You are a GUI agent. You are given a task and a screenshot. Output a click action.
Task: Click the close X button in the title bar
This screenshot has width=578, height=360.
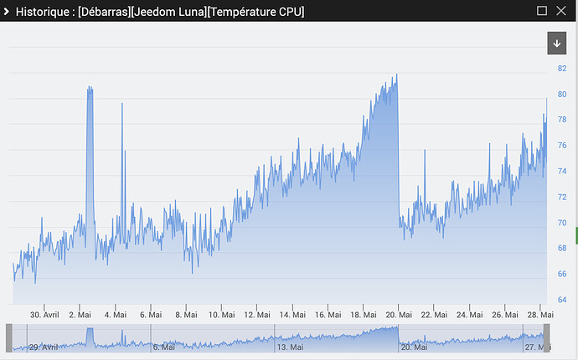click(x=561, y=11)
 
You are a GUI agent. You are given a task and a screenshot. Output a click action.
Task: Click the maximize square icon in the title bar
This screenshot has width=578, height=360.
click(x=542, y=11)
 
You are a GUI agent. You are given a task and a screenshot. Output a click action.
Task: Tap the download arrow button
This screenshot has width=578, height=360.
click(x=556, y=43)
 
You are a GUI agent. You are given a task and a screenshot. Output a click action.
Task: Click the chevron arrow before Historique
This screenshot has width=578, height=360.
click(x=6, y=12)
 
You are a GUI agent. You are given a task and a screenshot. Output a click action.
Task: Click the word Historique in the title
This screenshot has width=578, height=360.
click(x=43, y=12)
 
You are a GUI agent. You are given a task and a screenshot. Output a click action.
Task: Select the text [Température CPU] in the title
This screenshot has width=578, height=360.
click(x=255, y=12)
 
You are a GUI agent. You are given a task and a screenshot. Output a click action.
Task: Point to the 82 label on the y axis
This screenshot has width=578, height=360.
click(x=562, y=68)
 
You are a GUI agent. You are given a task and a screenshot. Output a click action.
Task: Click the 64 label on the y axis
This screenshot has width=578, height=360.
click(x=562, y=300)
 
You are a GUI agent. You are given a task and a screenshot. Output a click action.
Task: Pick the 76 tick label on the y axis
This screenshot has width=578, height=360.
click(x=562, y=145)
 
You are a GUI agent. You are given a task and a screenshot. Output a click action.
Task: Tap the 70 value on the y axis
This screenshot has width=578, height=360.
click(x=562, y=223)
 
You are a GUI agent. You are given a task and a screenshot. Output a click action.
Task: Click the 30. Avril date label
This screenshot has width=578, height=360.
click(x=44, y=315)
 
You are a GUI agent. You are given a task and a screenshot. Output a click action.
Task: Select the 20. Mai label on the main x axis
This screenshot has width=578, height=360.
click(x=399, y=315)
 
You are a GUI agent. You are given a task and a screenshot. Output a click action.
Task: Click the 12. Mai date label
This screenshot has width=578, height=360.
click(x=257, y=315)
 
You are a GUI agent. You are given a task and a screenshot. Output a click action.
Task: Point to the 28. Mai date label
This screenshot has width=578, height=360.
click(x=540, y=315)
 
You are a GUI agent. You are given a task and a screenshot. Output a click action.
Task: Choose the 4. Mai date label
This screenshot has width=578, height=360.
click(x=116, y=315)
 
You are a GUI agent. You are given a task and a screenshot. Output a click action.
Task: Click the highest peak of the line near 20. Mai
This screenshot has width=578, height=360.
click(x=396, y=74)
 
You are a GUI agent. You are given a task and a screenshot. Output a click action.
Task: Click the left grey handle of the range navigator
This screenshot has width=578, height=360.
click(x=9, y=338)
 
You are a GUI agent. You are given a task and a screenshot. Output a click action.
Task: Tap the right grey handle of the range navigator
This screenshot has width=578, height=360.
click(x=547, y=338)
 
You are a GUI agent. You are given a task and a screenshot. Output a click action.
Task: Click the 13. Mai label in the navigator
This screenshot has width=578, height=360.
click(x=290, y=347)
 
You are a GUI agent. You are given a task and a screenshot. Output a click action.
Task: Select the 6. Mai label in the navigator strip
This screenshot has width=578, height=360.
click(x=163, y=347)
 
